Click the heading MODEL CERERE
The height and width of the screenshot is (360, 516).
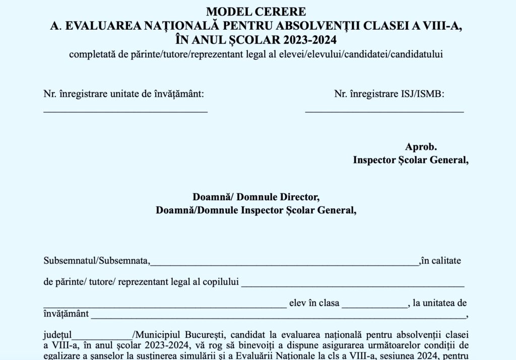point(256,12)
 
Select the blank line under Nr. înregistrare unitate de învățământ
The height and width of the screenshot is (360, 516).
point(125,110)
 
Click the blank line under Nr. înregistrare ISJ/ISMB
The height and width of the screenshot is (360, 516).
point(384,110)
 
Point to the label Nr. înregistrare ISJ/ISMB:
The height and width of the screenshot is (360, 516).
point(390,94)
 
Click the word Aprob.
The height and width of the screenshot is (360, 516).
point(421,147)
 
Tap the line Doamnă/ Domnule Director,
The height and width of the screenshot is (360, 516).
point(256,197)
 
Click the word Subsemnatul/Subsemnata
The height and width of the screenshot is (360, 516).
point(96,261)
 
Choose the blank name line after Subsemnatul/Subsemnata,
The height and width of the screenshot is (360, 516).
point(284,263)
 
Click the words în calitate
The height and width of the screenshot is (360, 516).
point(440,261)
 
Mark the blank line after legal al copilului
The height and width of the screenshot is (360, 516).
point(352,285)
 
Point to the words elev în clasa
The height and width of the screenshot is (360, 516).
point(314,304)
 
